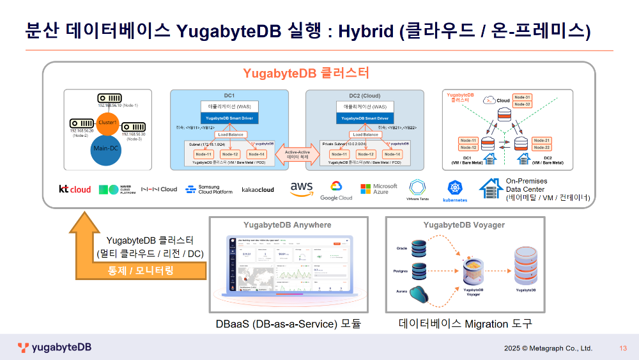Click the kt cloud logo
pos(75,189)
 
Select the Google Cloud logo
pos(336,190)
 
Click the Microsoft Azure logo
pos(378,189)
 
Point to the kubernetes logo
pos(455,191)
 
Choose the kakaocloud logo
pos(258,189)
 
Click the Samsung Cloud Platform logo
pos(209,189)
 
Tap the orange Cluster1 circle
pos(107,123)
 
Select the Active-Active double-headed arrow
pos(296,154)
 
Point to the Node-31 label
pos(523,97)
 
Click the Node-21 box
pos(541,140)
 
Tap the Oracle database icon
pos(419,248)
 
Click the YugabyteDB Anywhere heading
pos(288,224)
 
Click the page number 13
pos(622,348)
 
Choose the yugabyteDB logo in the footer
pos(54,348)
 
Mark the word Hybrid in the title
pos(366,31)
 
